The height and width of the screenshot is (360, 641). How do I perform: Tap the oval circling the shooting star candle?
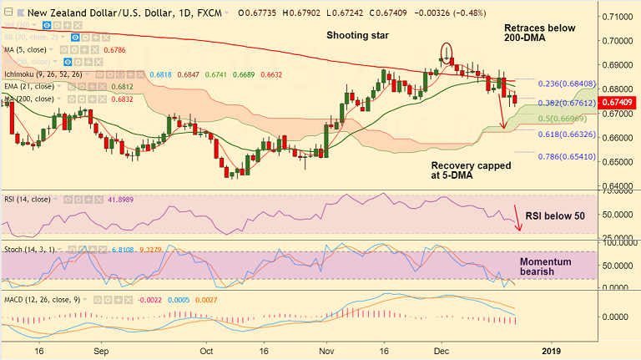[x=447, y=53]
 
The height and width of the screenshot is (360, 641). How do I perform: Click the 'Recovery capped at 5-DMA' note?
[x=471, y=172]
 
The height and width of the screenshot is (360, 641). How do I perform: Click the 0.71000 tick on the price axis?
[x=616, y=17]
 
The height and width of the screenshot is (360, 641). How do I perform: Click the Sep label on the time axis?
[x=100, y=351]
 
